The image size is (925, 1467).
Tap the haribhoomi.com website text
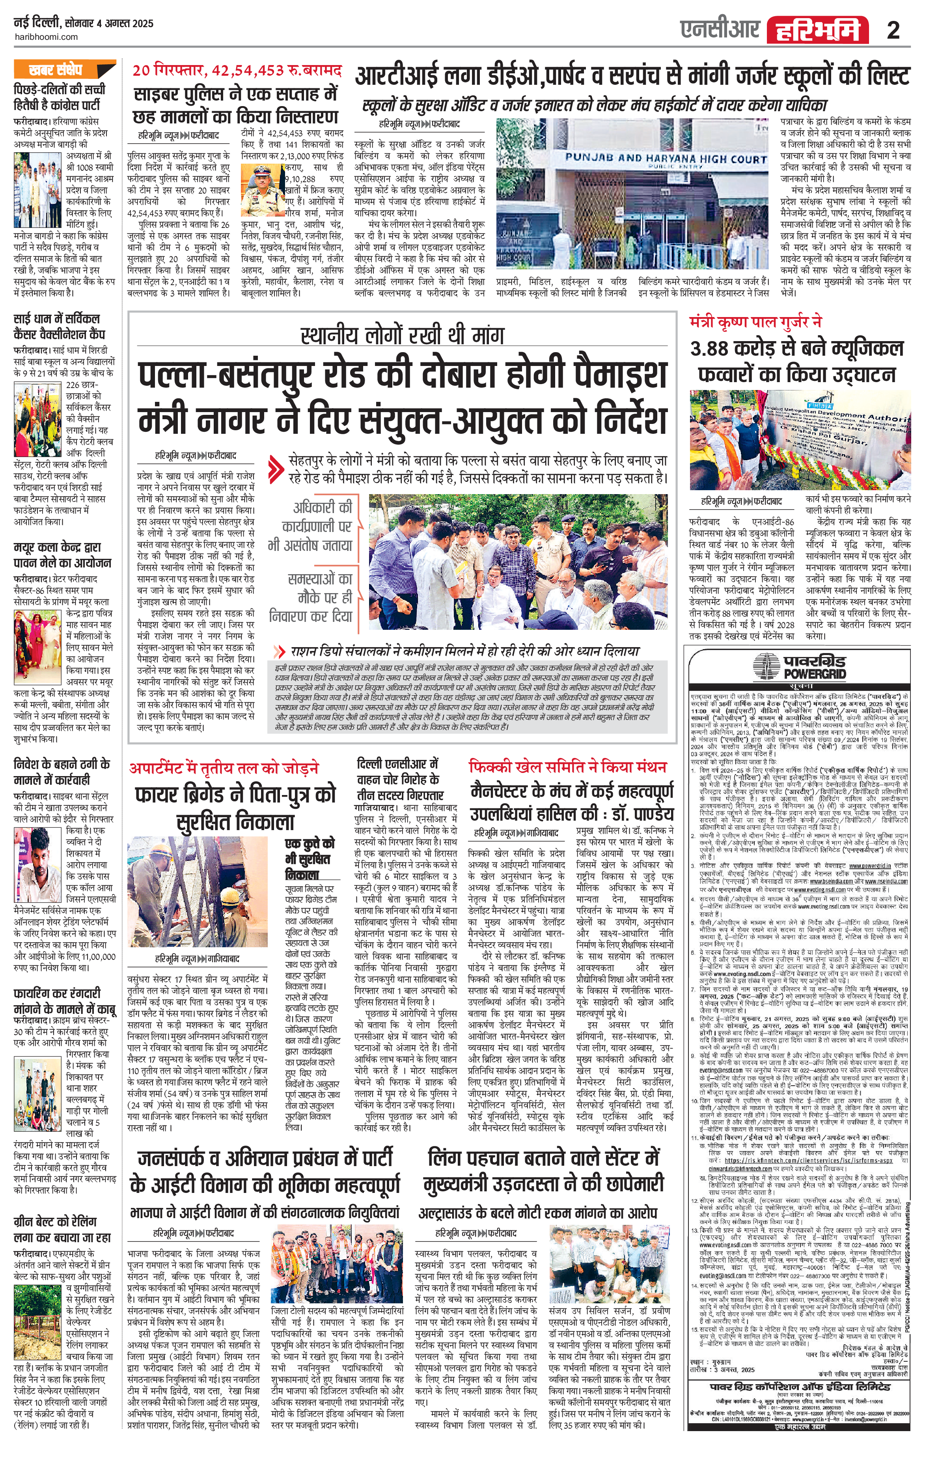(46, 37)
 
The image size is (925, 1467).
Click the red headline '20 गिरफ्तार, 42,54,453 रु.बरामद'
(237, 71)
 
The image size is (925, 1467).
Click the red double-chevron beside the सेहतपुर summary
(277, 468)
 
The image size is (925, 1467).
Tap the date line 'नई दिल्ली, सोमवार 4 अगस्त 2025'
(84, 24)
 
